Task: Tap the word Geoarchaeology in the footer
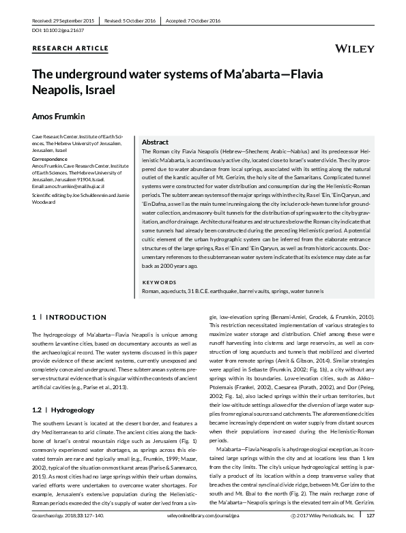point(49,517)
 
